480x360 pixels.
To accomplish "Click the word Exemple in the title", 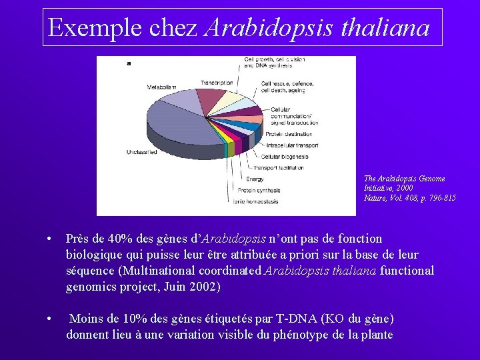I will (x=86, y=28).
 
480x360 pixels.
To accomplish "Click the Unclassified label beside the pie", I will (x=141, y=153).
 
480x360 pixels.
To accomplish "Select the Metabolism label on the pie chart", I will (x=161, y=87).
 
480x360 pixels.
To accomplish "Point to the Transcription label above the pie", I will (x=216, y=83).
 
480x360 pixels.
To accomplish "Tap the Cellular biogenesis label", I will (x=286, y=157).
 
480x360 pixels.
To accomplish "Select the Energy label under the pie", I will (x=255, y=179).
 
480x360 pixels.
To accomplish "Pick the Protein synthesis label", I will (x=259, y=189).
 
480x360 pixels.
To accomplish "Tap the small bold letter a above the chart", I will (x=128, y=63).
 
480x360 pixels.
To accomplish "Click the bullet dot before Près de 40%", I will (x=50, y=239).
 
